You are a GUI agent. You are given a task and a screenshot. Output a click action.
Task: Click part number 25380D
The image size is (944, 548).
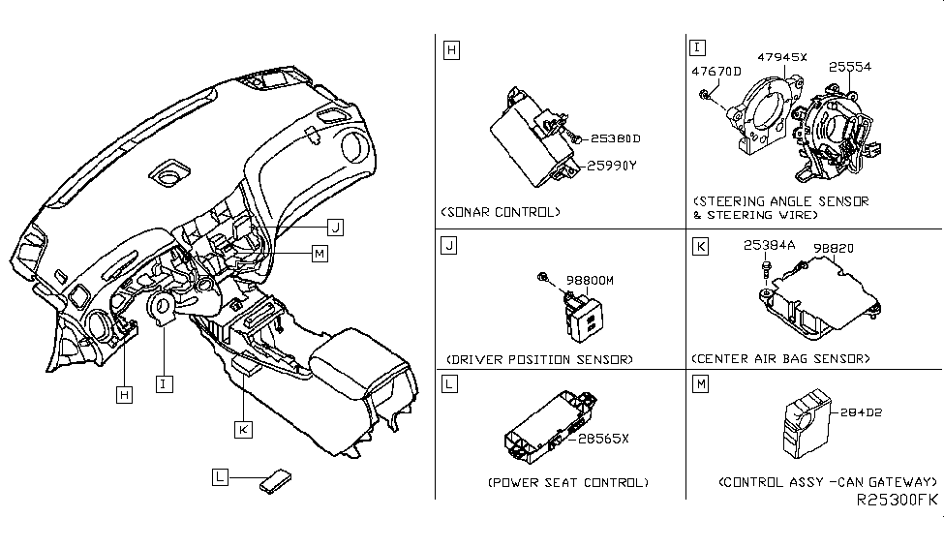pos(615,138)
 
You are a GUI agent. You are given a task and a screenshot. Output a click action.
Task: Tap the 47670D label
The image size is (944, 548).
pos(716,71)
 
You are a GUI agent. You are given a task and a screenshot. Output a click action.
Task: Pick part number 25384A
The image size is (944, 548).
pos(769,246)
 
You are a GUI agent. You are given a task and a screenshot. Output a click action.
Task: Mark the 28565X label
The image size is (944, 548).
pos(604,438)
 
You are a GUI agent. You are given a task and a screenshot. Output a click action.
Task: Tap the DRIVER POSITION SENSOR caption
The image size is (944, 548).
pos(538,359)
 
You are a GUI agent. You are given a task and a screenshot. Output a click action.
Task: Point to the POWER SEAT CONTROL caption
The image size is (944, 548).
pos(567,482)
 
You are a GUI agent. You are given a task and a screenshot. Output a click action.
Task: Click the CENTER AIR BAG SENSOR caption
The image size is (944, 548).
pos(780,359)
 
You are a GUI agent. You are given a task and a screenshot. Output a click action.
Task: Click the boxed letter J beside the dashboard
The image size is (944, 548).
pos(335,228)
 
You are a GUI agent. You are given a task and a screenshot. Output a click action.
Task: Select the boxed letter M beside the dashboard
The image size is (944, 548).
pos(320,253)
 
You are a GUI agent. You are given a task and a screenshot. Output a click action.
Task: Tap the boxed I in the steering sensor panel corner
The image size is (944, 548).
pos(697,46)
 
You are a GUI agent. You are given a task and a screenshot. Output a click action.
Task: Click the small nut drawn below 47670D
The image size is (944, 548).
pos(708,93)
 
